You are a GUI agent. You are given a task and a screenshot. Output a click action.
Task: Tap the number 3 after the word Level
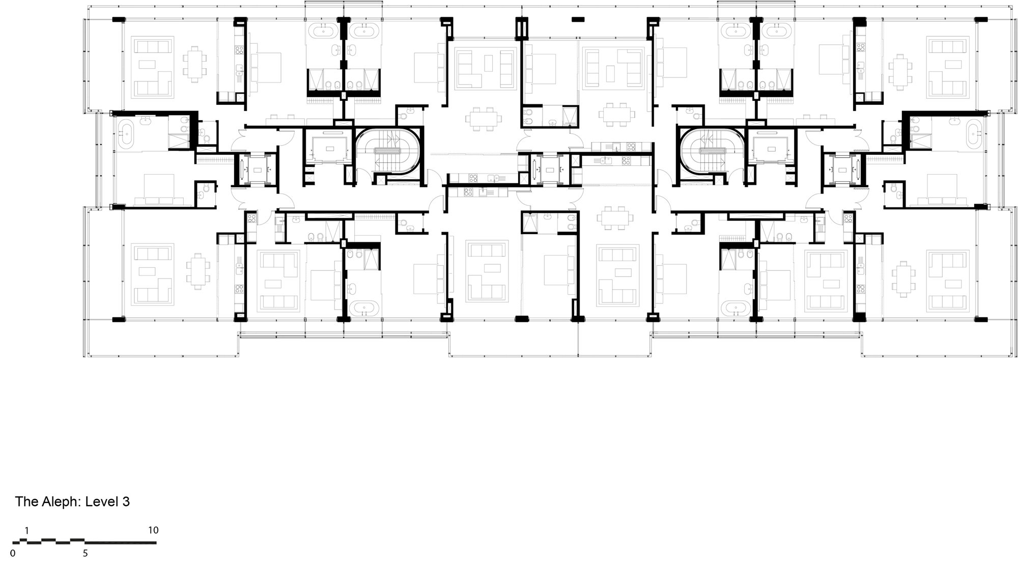tap(126, 502)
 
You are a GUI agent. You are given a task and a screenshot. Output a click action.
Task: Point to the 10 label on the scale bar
tap(153, 530)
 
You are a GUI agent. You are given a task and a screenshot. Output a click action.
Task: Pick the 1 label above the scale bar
tap(27, 530)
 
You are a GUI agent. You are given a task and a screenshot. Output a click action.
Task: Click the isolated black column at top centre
tap(578, 19)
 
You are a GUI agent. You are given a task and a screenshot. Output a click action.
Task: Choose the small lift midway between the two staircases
tap(549, 169)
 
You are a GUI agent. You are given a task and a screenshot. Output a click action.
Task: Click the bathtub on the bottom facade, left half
tap(363, 308)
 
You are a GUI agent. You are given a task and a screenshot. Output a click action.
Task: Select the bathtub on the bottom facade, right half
tap(736, 308)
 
